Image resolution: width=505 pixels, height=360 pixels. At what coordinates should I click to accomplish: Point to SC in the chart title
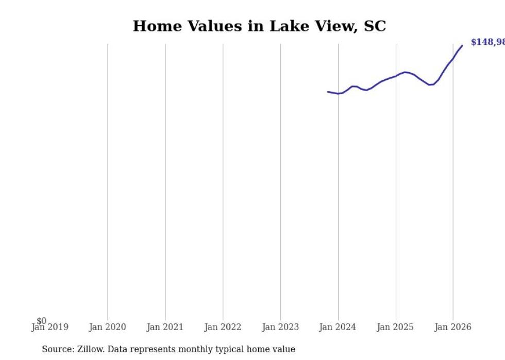tap(375, 26)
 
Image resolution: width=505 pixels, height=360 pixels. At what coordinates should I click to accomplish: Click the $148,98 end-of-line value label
tap(487, 42)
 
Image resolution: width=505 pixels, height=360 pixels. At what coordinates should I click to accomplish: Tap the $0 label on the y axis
tap(41, 321)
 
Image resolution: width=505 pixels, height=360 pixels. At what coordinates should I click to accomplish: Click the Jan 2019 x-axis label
tap(49, 327)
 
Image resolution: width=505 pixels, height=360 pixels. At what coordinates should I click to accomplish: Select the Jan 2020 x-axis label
tap(107, 327)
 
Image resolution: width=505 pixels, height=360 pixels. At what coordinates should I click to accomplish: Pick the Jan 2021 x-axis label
tap(165, 327)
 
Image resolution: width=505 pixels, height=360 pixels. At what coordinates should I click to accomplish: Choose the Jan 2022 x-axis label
tap(223, 327)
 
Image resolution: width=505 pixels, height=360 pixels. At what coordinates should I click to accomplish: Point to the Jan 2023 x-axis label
tap(280, 327)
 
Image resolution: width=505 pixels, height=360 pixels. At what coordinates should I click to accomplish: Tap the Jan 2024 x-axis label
tap(338, 327)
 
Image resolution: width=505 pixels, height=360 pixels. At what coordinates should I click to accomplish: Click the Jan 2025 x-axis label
tap(395, 327)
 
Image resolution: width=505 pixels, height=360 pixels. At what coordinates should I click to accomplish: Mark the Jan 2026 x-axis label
tap(453, 327)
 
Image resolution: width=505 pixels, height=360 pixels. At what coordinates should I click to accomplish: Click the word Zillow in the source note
tap(91, 349)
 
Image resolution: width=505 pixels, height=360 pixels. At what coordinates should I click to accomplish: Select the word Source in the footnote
tap(58, 349)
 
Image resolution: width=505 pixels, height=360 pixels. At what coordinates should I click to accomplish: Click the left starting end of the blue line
tap(328, 92)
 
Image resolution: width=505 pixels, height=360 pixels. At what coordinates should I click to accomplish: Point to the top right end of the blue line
tap(462, 45)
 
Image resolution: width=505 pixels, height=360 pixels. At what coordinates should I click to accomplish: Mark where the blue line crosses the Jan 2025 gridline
tap(396, 76)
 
